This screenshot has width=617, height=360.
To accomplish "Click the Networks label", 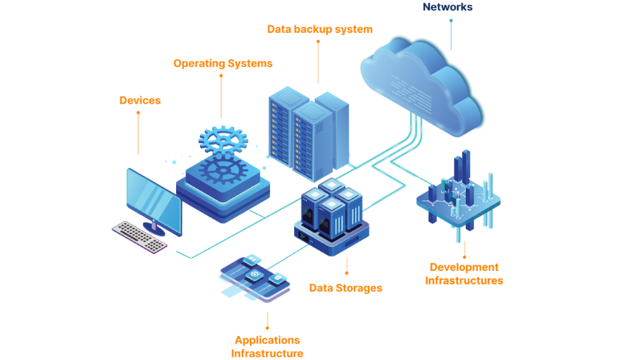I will pyautogui.click(x=447, y=7).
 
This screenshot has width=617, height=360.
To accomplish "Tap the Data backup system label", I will pyautogui.click(x=320, y=29).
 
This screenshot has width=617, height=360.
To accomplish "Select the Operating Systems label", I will pyautogui.click(x=223, y=63).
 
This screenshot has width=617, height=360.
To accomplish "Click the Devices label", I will pyautogui.click(x=140, y=100).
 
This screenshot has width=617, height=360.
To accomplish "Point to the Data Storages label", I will pyautogui.click(x=345, y=287).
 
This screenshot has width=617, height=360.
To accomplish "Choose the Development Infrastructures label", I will pyautogui.click(x=464, y=274).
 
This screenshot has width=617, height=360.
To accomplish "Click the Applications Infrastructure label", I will pyautogui.click(x=267, y=346).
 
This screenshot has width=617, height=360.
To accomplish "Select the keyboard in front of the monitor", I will pyautogui.click(x=140, y=235).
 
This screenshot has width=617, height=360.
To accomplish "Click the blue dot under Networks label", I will pyautogui.click(x=451, y=22).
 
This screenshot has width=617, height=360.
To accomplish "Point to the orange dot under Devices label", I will pyautogui.click(x=138, y=113).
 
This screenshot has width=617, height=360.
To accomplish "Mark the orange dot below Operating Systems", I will pyautogui.click(x=221, y=76).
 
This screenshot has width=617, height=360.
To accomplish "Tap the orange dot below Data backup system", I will pyautogui.click(x=318, y=43).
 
